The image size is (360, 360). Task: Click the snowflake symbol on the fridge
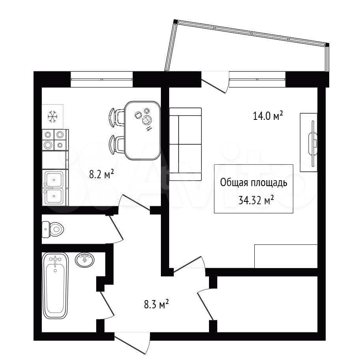tap(52, 116)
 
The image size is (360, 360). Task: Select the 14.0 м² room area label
tap(268, 116)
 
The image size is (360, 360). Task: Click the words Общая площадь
tap(254, 183)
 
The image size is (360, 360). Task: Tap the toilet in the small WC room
tap(52, 229)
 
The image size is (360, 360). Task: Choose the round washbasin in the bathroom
tap(84, 260)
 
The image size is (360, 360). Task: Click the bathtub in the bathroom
tap(55, 286)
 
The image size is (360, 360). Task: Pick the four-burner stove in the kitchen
tap(54, 140)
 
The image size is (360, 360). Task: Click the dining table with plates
tap(142, 130)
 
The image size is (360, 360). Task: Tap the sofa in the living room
tap(185, 144)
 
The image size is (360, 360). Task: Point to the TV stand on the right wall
tap(309, 142)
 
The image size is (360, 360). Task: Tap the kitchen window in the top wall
tap(102, 79)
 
